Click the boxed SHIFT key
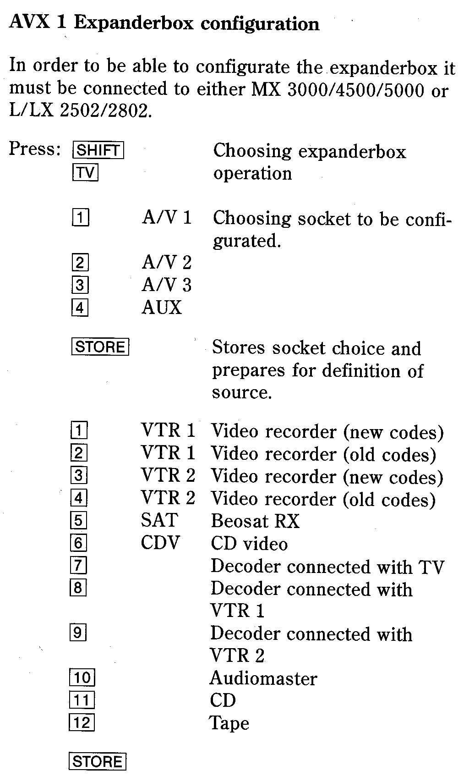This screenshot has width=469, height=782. (98, 150)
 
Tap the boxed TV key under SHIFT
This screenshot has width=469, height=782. (85, 172)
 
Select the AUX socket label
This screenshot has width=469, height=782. (161, 308)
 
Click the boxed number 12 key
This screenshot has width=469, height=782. (82, 723)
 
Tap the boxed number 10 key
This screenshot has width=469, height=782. (82, 677)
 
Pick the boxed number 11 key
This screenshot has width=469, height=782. (82, 700)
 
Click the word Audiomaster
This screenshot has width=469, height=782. (263, 678)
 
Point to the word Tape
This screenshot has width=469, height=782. (229, 723)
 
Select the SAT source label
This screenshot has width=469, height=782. (159, 520)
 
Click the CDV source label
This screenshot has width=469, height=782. (160, 543)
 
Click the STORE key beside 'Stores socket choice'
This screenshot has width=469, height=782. (100, 347)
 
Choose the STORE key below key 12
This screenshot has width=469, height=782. (97, 761)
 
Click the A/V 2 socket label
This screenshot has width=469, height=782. (167, 263)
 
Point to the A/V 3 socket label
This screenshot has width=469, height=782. (167, 285)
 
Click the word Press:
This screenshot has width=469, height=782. (35, 149)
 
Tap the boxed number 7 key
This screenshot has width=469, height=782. (78, 565)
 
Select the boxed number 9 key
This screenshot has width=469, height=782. (78, 632)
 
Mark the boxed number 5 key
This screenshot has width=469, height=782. (78, 520)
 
